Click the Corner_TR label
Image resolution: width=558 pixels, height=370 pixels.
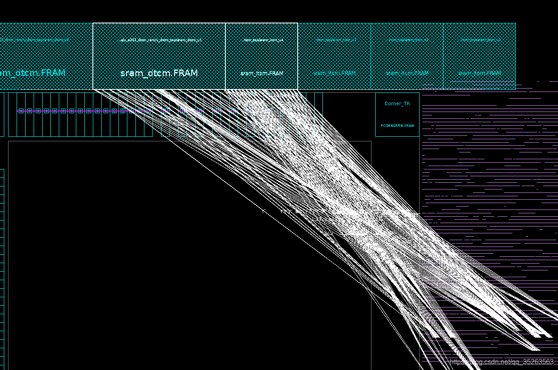tap(397, 103)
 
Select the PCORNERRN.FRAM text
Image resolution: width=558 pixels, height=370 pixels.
tap(397, 126)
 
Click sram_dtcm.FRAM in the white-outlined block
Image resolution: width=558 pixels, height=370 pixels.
tap(159, 73)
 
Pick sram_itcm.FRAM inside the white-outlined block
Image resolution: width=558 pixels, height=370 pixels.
tap(262, 73)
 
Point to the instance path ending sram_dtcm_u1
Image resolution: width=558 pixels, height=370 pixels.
tap(160, 40)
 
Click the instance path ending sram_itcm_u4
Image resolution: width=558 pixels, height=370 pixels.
tap(263, 40)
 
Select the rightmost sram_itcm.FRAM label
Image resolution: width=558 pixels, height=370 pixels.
tap(479, 73)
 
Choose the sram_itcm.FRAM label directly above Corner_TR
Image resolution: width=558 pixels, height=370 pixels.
tap(407, 73)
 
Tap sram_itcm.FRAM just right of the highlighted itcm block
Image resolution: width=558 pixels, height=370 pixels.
tap(334, 73)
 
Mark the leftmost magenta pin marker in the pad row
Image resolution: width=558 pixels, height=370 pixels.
tap(21, 111)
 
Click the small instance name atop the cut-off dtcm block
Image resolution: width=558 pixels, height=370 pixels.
tap(34, 40)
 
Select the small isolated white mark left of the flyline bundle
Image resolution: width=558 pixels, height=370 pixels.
tap(264, 210)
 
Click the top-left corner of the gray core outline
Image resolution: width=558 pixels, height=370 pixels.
tap(9, 141)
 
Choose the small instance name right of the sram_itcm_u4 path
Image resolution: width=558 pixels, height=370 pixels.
tap(336, 40)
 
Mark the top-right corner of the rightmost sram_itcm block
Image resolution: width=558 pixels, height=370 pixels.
tap(515, 23)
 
